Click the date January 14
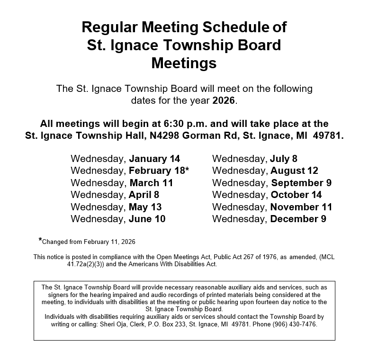154,159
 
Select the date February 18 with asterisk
159,171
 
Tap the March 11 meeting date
151,183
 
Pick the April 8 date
144,195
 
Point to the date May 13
145,207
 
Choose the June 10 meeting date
147,219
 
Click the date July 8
284,159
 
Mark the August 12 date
294,171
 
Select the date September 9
301,183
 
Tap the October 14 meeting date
296,195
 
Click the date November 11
301,207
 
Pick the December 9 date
298,219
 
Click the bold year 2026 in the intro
224,100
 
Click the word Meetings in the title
184,63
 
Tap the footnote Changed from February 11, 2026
89,242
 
